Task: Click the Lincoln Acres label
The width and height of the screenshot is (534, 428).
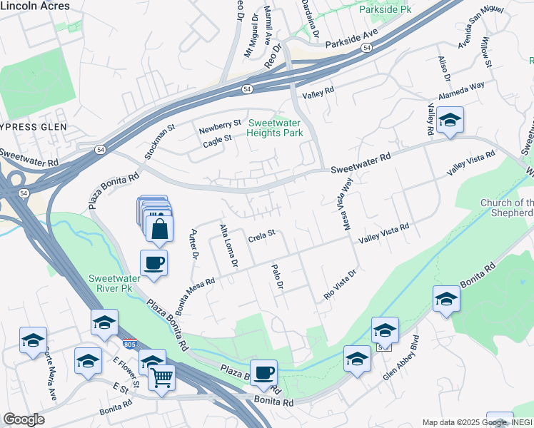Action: [35, 6]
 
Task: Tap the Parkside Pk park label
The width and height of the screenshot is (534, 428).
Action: [386, 11]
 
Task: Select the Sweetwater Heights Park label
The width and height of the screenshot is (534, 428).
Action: [275, 128]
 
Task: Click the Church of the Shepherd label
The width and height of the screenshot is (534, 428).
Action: [507, 208]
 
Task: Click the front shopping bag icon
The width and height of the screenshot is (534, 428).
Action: [158, 229]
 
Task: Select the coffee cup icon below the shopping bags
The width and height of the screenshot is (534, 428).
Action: [154, 263]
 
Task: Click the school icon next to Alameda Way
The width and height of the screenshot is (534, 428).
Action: [450, 121]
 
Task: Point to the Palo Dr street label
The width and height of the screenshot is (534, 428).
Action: [278, 276]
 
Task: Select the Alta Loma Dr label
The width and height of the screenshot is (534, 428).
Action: [228, 245]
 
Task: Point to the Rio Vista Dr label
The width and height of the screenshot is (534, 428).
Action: [339, 284]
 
